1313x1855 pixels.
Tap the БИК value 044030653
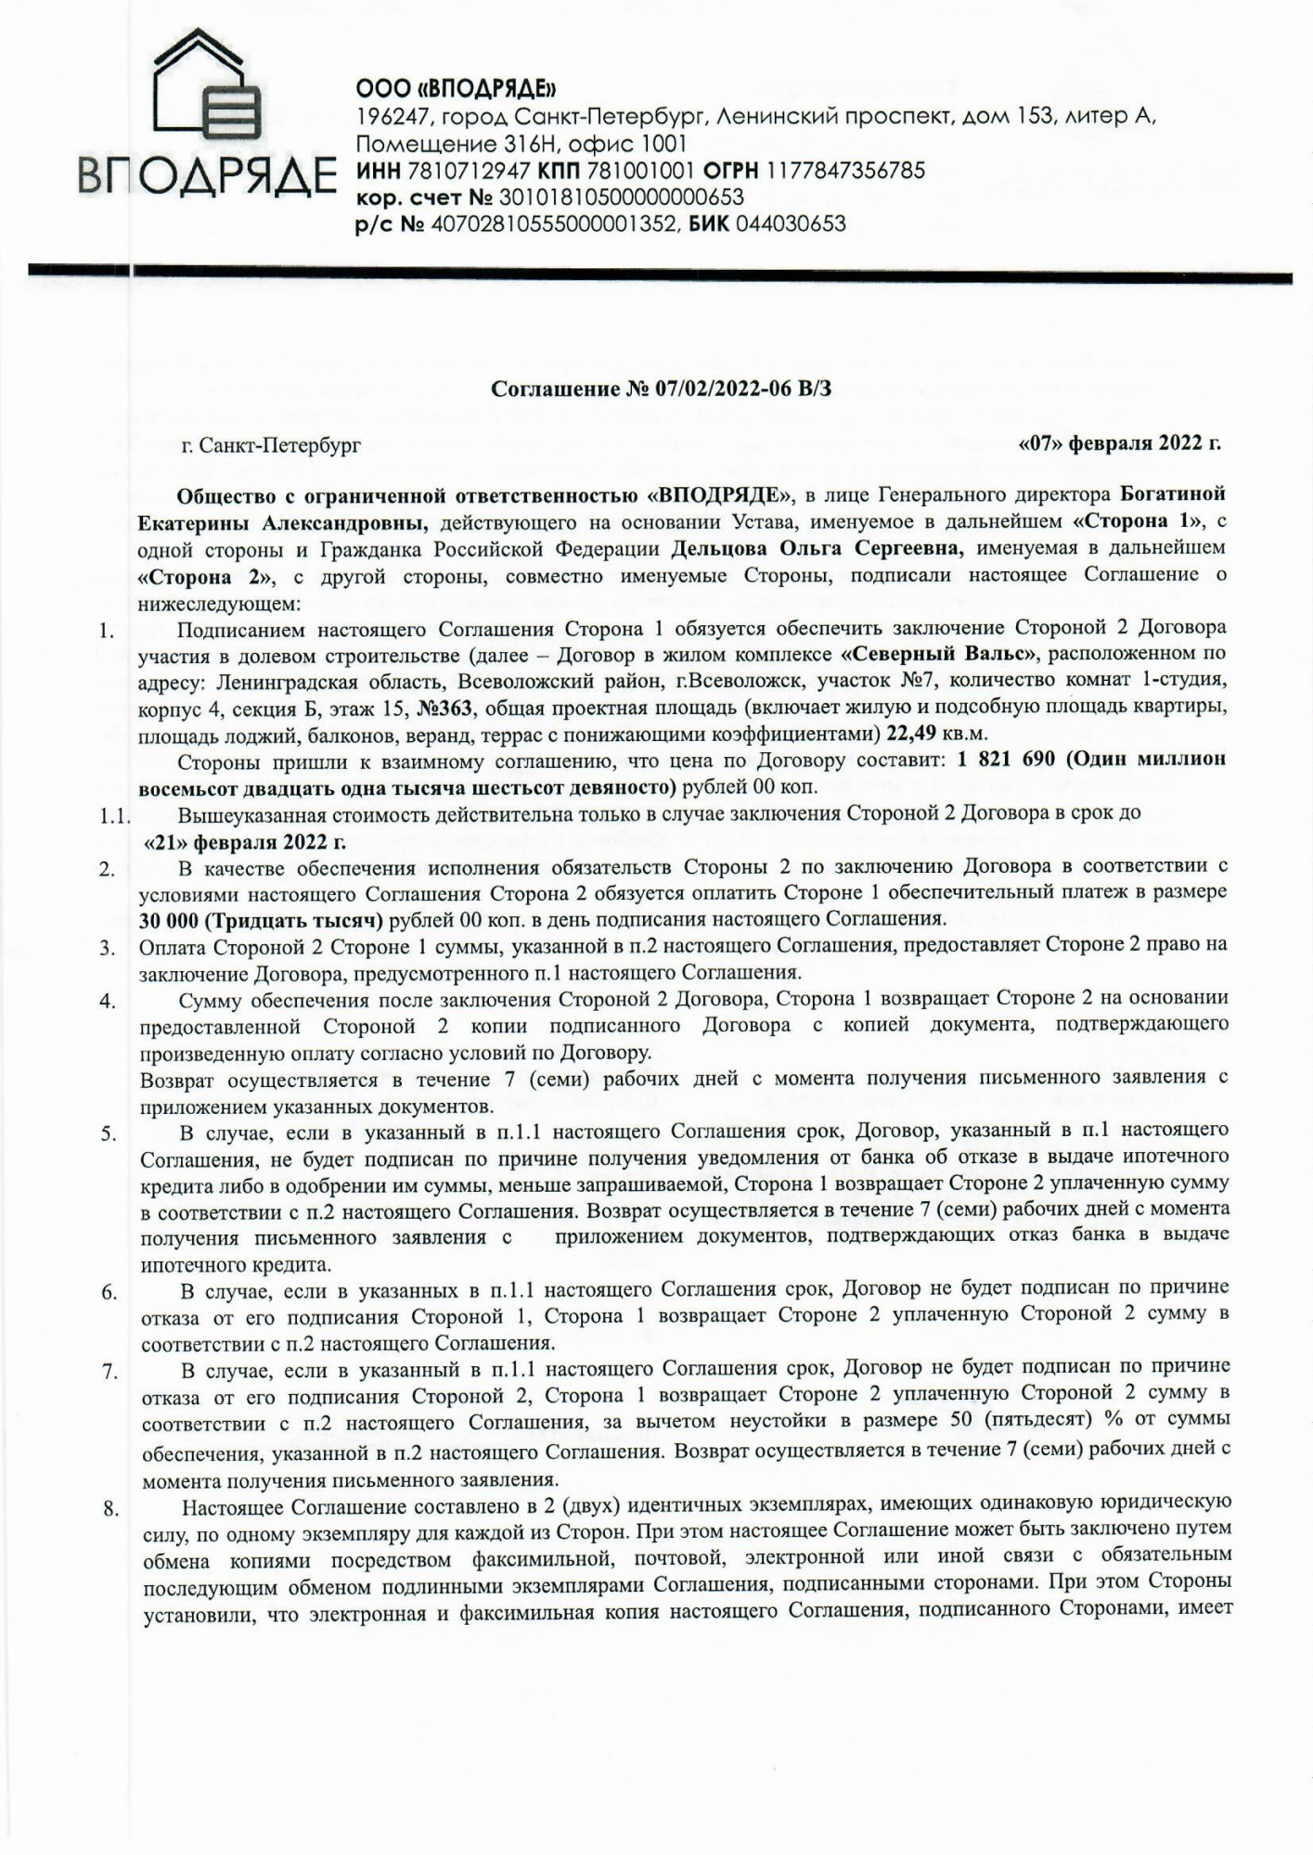point(790,224)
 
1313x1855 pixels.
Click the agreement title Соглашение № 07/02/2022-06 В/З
point(661,389)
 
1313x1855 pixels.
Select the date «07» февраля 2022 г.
point(1119,442)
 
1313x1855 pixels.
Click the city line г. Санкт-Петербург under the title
point(271,445)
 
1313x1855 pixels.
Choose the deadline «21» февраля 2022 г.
point(245,842)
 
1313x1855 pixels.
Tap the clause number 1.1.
point(115,818)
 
